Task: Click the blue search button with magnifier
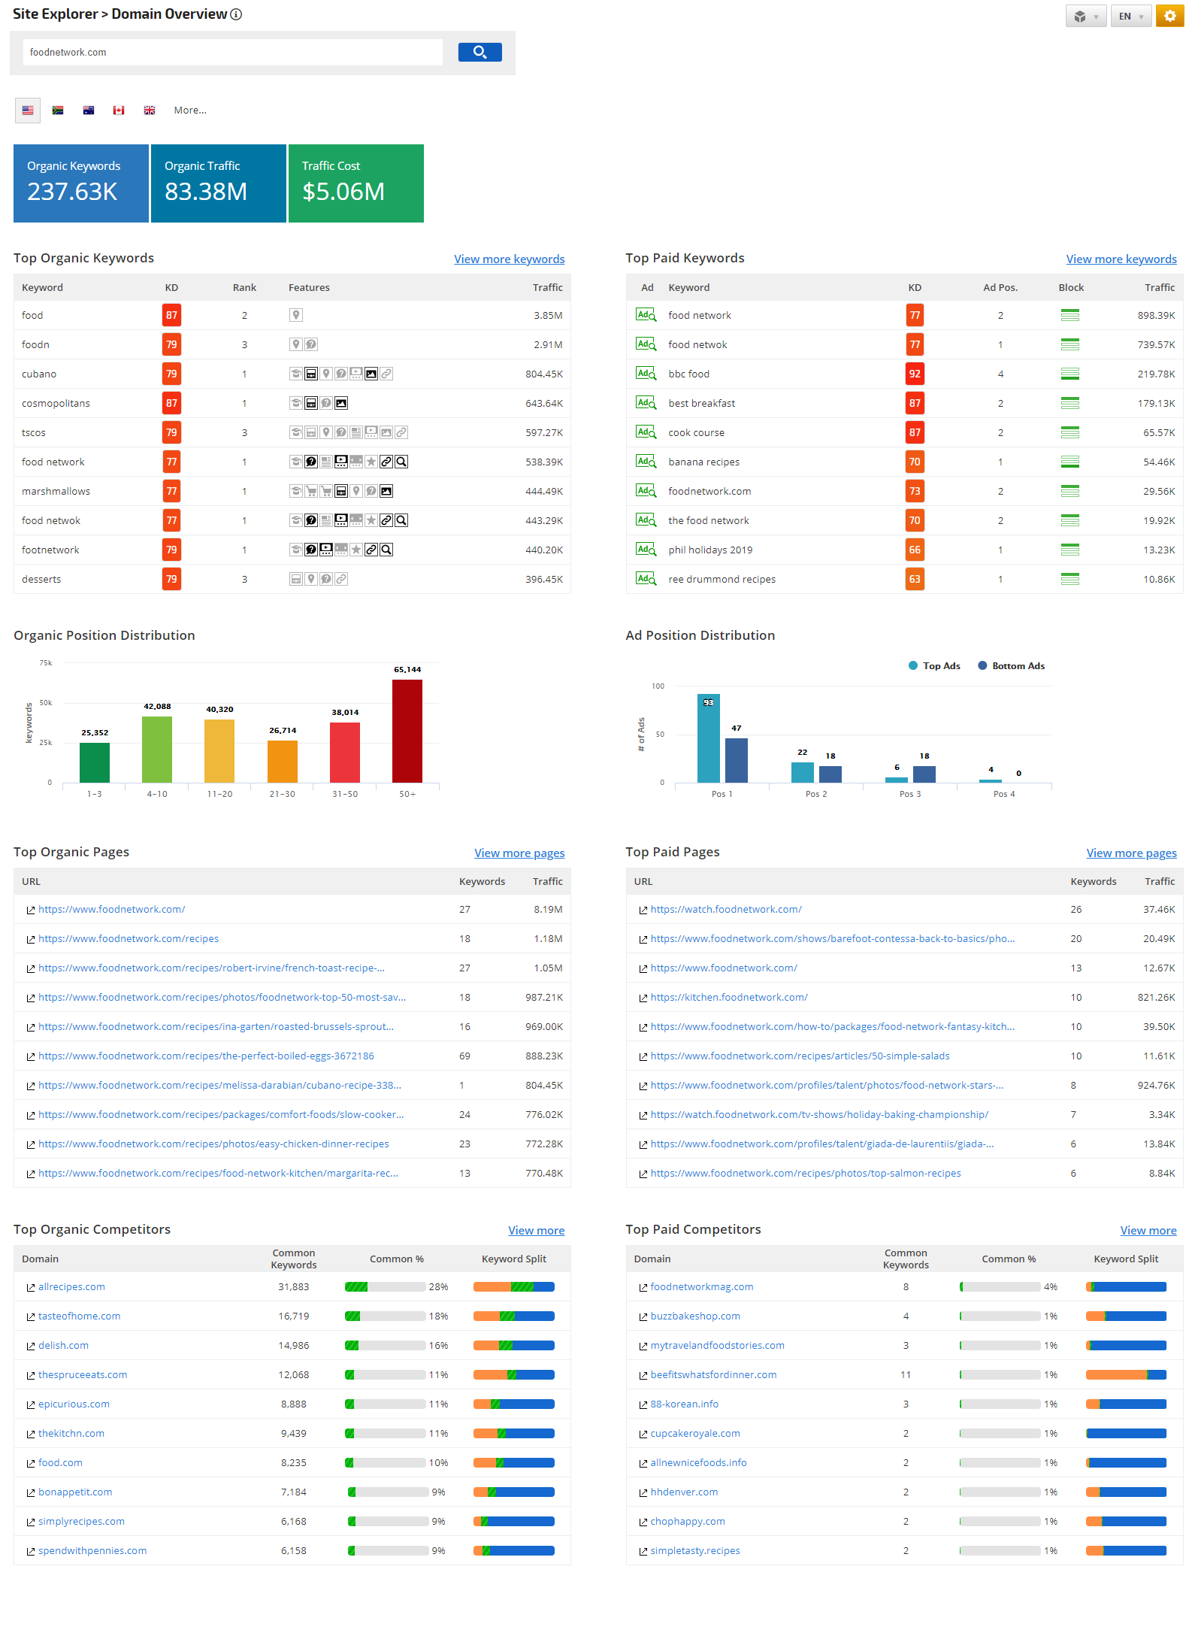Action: click(480, 52)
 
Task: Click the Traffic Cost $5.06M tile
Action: click(355, 183)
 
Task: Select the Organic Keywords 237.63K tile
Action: click(81, 183)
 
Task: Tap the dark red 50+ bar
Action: click(407, 730)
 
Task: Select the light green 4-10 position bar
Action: click(156, 749)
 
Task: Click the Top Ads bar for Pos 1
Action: click(708, 738)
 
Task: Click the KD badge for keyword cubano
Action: click(171, 374)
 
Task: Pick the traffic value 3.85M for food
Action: click(548, 315)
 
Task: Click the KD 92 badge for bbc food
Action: click(914, 374)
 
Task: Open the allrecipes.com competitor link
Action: click(71, 1286)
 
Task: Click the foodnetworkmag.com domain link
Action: click(701, 1286)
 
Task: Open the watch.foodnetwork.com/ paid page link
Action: click(726, 909)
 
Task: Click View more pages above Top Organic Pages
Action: click(519, 853)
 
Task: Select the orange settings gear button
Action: click(1169, 16)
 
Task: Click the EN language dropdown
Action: click(1130, 16)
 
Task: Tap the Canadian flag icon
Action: click(119, 111)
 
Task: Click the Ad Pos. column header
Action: click(1000, 287)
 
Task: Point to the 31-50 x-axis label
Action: click(345, 794)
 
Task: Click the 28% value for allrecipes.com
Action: click(438, 1286)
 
